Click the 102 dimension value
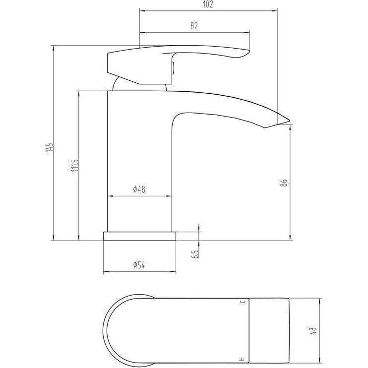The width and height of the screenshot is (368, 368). coord(208,4)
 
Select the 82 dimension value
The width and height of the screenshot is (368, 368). coord(194,26)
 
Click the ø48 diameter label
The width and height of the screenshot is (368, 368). coord(139,189)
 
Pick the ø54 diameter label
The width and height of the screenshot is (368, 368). coord(139,265)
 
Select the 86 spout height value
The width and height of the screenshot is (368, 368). coord(284,183)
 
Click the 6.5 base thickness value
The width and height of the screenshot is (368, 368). coord(195,254)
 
